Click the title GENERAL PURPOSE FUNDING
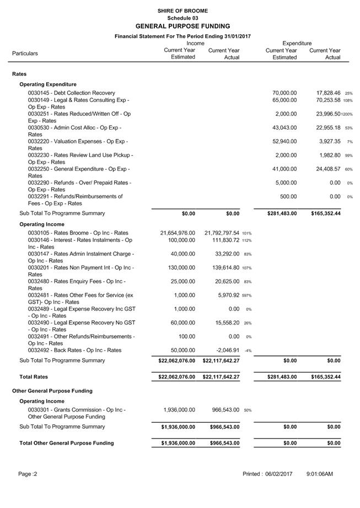tap(182, 26)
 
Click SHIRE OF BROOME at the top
tap(182, 10)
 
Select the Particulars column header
tap(25, 53)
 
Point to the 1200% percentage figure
tap(347, 114)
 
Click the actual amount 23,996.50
tap(325, 114)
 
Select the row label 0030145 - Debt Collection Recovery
tap(72, 93)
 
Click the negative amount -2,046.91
tap(225, 350)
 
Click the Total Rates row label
tap(33, 377)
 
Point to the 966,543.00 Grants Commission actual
tap(225, 410)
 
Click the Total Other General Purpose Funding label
tap(66, 443)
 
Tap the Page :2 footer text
tap(27, 474)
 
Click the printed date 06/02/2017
tap(278, 474)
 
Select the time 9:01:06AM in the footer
tap(319, 474)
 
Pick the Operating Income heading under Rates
tap(41, 224)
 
